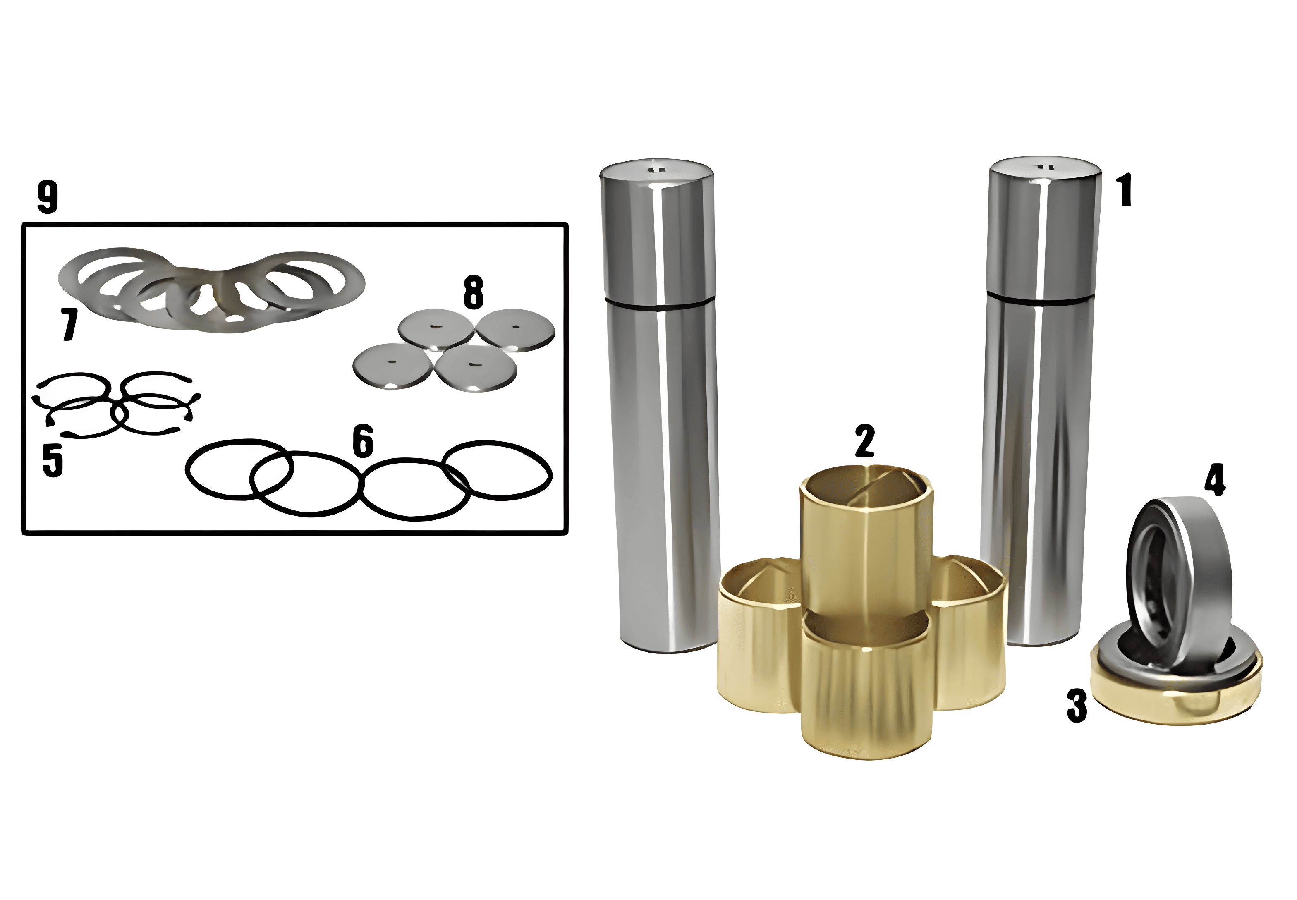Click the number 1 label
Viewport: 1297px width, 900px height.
1125,191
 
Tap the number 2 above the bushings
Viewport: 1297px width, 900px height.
864,440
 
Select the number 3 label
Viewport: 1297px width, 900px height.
1077,706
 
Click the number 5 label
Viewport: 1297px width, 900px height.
53,461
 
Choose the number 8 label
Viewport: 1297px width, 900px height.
473,292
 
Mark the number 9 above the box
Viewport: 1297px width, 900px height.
48,197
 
